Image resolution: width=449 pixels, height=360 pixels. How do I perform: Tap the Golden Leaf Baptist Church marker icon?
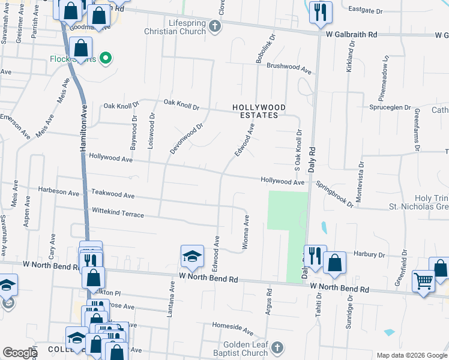point(277,348)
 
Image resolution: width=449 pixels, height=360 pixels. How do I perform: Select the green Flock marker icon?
point(106,58)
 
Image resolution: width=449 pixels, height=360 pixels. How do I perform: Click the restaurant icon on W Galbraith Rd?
point(321,12)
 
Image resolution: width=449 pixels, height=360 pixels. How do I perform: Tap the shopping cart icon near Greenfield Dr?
point(423,281)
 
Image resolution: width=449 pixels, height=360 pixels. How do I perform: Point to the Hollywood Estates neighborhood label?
point(259,112)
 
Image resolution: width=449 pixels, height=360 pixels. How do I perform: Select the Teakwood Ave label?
point(113,195)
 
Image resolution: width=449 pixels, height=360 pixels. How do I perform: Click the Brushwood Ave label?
point(290,68)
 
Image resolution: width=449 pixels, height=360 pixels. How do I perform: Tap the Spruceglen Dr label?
point(390,108)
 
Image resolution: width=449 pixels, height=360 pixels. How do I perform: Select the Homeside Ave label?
point(233,327)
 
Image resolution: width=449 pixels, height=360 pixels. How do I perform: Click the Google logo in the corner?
point(20,353)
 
